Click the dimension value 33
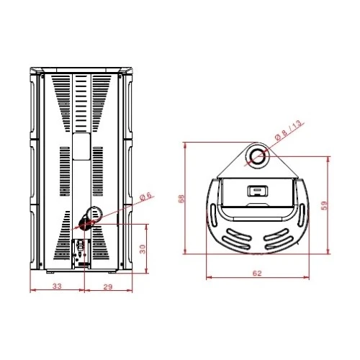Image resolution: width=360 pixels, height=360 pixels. (57, 286)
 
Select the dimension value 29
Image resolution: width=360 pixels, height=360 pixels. (108, 287)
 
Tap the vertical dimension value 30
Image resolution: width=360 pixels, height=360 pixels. (143, 249)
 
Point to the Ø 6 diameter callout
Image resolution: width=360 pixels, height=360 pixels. (145, 196)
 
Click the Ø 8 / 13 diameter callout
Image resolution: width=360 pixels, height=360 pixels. (288, 131)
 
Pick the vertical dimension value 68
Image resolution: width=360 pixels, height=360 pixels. (181, 198)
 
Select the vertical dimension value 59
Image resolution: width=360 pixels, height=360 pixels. (324, 205)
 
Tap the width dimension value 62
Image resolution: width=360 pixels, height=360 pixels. (257, 273)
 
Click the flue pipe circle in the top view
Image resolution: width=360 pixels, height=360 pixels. (257, 156)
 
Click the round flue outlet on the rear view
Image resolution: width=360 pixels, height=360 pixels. (94, 215)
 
